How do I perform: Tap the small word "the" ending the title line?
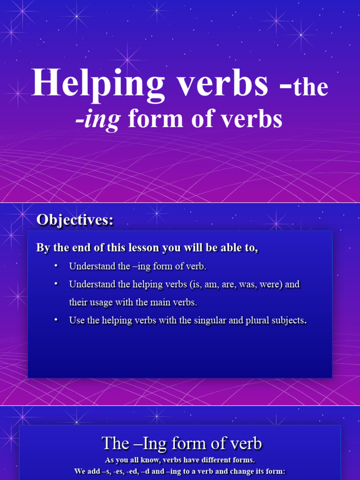pos(310,89)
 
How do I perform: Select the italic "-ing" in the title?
pos(98,120)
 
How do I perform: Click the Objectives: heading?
pos(75,220)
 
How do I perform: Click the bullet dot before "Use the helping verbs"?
pos(56,320)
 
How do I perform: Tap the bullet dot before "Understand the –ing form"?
pos(56,266)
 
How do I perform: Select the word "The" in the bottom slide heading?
pos(115,443)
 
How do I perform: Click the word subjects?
pos(285,321)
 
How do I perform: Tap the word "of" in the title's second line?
pos(205,120)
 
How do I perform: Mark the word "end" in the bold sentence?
pos(83,248)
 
